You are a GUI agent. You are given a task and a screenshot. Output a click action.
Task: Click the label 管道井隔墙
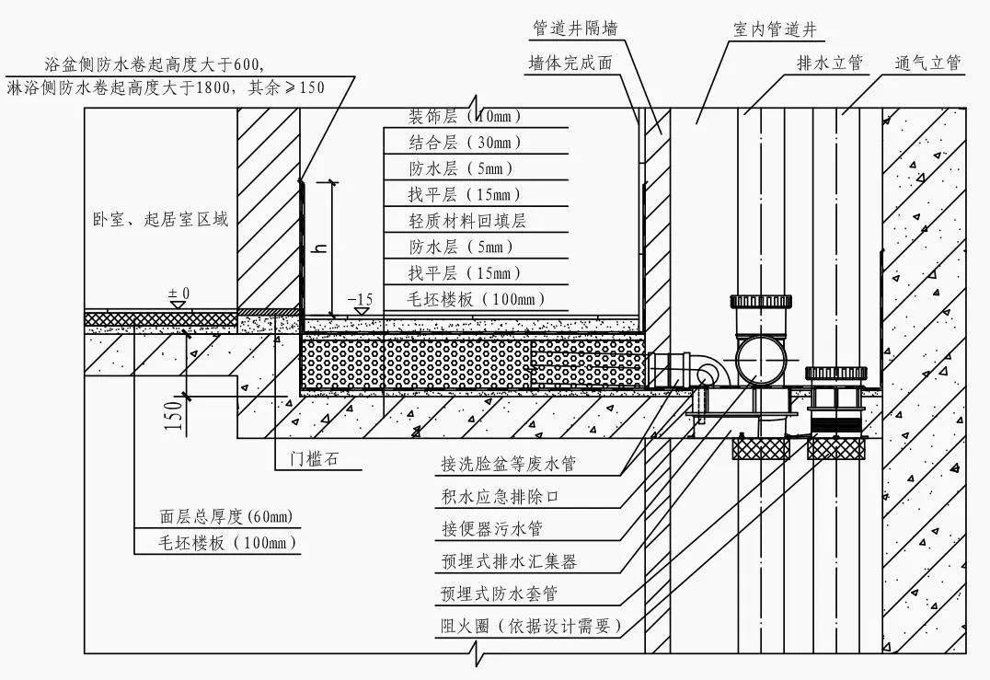pyautogui.click(x=574, y=29)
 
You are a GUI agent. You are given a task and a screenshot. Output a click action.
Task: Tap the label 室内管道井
pyautogui.click(x=774, y=29)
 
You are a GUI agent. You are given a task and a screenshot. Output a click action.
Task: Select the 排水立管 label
pyautogui.click(x=829, y=63)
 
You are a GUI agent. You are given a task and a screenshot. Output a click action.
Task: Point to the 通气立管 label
pyautogui.click(x=927, y=63)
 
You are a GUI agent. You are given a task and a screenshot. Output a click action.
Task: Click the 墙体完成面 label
pyautogui.click(x=570, y=63)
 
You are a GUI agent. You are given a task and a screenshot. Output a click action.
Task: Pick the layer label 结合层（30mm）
pyautogui.click(x=465, y=143)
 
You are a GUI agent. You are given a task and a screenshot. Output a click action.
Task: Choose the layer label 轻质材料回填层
pyautogui.click(x=467, y=221)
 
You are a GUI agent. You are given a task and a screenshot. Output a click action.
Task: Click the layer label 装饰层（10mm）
pyautogui.click(x=465, y=117)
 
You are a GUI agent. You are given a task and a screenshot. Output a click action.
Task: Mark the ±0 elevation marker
pyautogui.click(x=178, y=294)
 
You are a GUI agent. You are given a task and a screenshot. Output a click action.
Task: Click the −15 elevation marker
pyautogui.click(x=361, y=300)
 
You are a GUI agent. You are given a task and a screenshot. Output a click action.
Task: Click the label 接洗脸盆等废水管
pyautogui.click(x=508, y=465)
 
